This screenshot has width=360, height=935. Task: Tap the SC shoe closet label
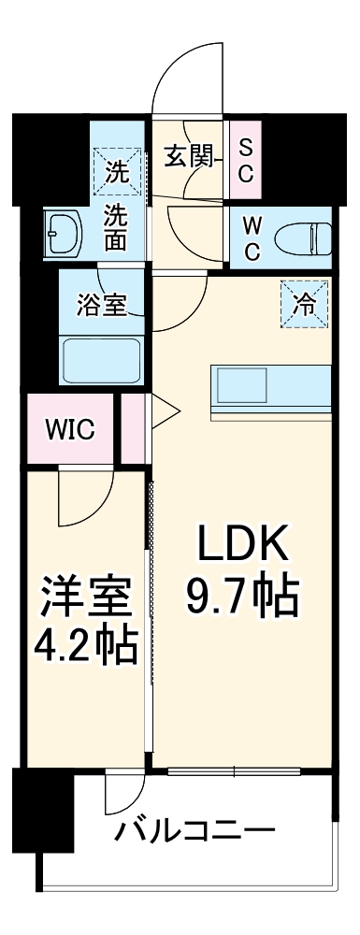[x=245, y=160]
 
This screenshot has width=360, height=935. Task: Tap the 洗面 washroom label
[x=116, y=227]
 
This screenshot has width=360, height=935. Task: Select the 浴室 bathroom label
[x=101, y=306]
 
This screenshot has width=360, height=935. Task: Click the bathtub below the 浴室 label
[x=101, y=360]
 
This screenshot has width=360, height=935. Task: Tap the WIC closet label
[x=70, y=430]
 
